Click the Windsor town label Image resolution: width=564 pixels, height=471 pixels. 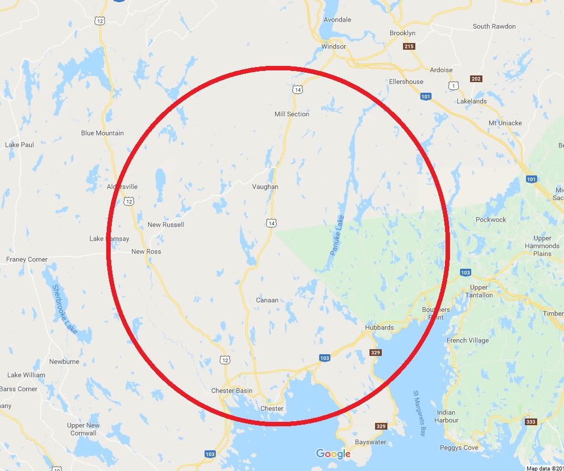(x=334, y=46)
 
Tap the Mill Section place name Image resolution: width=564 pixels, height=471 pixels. (x=292, y=114)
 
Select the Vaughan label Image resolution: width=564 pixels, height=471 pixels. (x=265, y=187)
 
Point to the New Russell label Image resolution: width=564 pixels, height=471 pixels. (x=165, y=225)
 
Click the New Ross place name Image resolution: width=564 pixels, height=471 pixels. (x=146, y=251)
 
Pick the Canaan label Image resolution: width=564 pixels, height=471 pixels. (x=267, y=300)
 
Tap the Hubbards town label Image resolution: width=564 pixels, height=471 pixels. (x=379, y=327)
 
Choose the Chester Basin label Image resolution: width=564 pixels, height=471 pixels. (x=231, y=391)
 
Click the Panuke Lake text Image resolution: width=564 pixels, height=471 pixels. (x=337, y=235)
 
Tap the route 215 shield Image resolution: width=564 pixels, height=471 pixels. (x=409, y=46)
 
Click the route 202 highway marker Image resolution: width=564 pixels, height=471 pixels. (x=476, y=79)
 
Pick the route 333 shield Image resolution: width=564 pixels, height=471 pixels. (x=531, y=422)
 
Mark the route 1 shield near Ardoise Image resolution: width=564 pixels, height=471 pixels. (x=452, y=85)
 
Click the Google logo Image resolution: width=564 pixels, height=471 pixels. (x=333, y=454)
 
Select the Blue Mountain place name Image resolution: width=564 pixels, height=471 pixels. (x=102, y=133)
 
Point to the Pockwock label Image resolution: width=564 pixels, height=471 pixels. (x=491, y=220)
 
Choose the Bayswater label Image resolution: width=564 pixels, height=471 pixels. (x=370, y=442)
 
